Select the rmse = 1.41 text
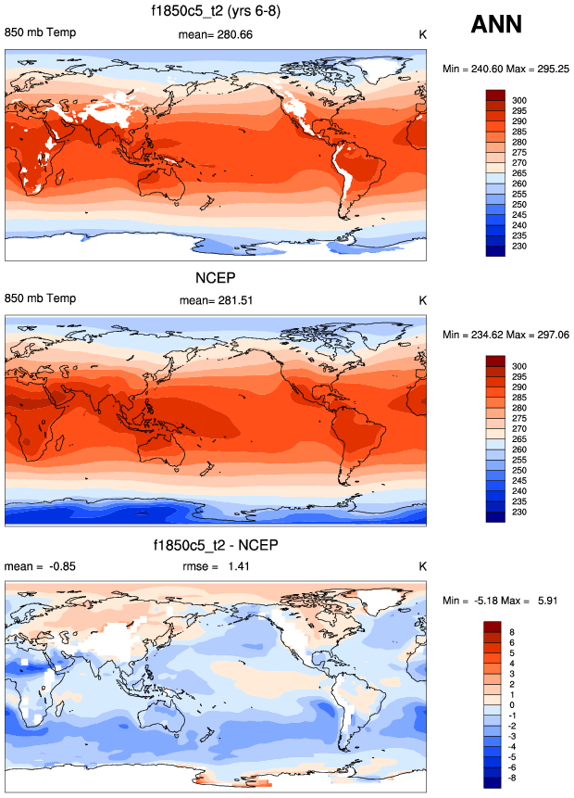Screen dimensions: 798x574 point(218,566)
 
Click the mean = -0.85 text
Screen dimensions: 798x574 point(36,566)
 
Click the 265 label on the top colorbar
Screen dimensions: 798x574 point(519,172)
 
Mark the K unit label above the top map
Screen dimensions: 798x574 point(421,35)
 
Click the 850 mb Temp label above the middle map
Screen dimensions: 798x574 point(41,299)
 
